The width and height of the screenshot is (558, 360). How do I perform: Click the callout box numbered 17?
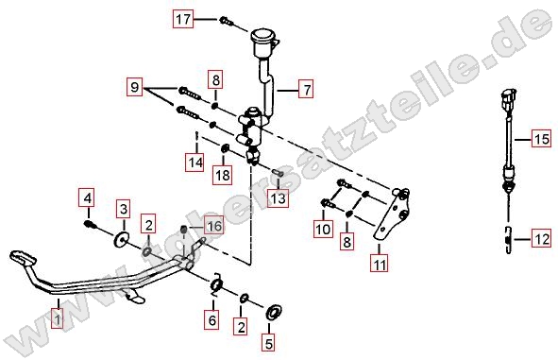click(x=183, y=19)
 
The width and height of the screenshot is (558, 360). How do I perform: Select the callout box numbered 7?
click(x=307, y=90)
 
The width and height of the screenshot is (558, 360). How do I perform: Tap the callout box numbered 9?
click(x=134, y=87)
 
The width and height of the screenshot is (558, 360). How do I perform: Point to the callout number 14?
click(x=195, y=163)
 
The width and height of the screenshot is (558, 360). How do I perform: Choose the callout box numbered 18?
click(x=223, y=175)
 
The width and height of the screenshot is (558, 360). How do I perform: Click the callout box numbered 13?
click(x=279, y=198)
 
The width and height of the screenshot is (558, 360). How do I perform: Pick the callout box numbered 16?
click(x=213, y=225)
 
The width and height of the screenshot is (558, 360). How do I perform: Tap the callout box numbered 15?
click(x=542, y=139)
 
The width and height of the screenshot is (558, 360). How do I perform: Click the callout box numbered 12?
click(x=542, y=238)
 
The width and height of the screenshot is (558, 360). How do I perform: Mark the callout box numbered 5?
click(x=269, y=342)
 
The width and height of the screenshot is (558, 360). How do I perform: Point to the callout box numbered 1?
click(x=58, y=318)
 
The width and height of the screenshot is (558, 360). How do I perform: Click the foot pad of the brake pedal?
click(x=23, y=258)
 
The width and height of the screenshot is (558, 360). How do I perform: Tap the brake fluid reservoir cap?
click(x=265, y=37)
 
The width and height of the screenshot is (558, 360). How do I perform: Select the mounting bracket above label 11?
click(x=392, y=214)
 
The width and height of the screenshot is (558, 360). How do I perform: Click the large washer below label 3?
click(x=122, y=239)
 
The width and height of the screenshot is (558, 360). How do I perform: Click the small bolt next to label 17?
click(x=226, y=21)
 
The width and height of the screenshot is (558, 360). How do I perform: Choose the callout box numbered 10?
click(x=324, y=229)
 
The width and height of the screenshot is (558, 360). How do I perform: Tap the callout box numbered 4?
click(x=88, y=197)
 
